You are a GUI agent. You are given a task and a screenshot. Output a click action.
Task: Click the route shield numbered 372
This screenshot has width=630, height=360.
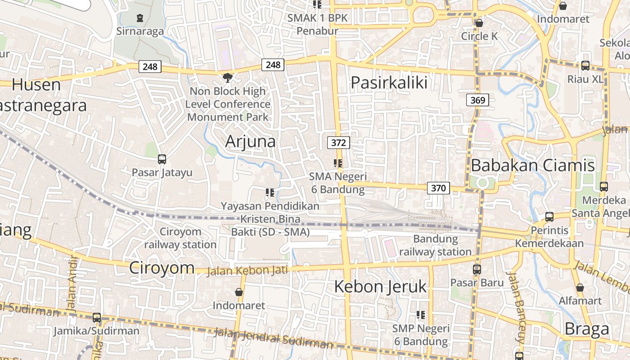pyautogui.click(x=338, y=143)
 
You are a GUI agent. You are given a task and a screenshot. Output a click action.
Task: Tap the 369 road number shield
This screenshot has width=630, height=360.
pyautogui.click(x=477, y=100)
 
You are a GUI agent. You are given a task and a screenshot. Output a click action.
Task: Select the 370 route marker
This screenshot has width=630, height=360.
pyautogui.click(x=438, y=188)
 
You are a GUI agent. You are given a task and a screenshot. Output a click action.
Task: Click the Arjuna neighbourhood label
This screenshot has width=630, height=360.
pyautogui.click(x=250, y=141)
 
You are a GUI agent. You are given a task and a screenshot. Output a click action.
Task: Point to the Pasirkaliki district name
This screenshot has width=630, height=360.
pyautogui.click(x=389, y=83)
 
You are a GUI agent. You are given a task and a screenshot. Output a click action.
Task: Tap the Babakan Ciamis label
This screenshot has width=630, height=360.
pyautogui.click(x=533, y=165)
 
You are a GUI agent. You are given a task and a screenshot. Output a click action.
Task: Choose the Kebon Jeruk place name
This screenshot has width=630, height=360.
pyautogui.click(x=380, y=287)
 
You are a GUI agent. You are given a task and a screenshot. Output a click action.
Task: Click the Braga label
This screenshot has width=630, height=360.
pyautogui.click(x=587, y=329)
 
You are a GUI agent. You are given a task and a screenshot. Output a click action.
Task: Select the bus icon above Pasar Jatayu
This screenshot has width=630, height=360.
pyautogui.click(x=162, y=159)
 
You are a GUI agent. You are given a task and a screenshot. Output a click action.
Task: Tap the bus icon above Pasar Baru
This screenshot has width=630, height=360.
pyautogui.click(x=477, y=270)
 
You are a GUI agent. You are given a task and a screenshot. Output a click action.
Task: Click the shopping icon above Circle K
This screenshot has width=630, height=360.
pyautogui.click(x=479, y=22)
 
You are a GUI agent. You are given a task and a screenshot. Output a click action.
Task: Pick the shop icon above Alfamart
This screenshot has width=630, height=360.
pyautogui.click(x=580, y=287)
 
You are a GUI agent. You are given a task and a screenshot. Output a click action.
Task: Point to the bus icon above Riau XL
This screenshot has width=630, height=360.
pyautogui.click(x=585, y=66)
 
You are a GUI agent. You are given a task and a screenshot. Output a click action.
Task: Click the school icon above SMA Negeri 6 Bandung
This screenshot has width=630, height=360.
pyautogui.click(x=338, y=163)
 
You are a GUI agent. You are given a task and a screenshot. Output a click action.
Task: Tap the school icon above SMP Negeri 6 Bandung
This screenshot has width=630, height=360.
pyautogui.click(x=421, y=315)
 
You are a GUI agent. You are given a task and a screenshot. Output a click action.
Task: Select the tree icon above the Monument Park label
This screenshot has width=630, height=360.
pyautogui.click(x=228, y=78)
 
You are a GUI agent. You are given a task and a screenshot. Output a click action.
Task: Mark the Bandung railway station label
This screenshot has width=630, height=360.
pyautogui.click(x=435, y=245)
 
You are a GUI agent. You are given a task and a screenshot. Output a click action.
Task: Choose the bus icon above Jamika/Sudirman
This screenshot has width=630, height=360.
pyautogui.click(x=96, y=318)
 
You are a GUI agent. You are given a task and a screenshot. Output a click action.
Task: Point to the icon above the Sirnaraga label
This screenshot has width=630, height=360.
pyautogui.click(x=140, y=18)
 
